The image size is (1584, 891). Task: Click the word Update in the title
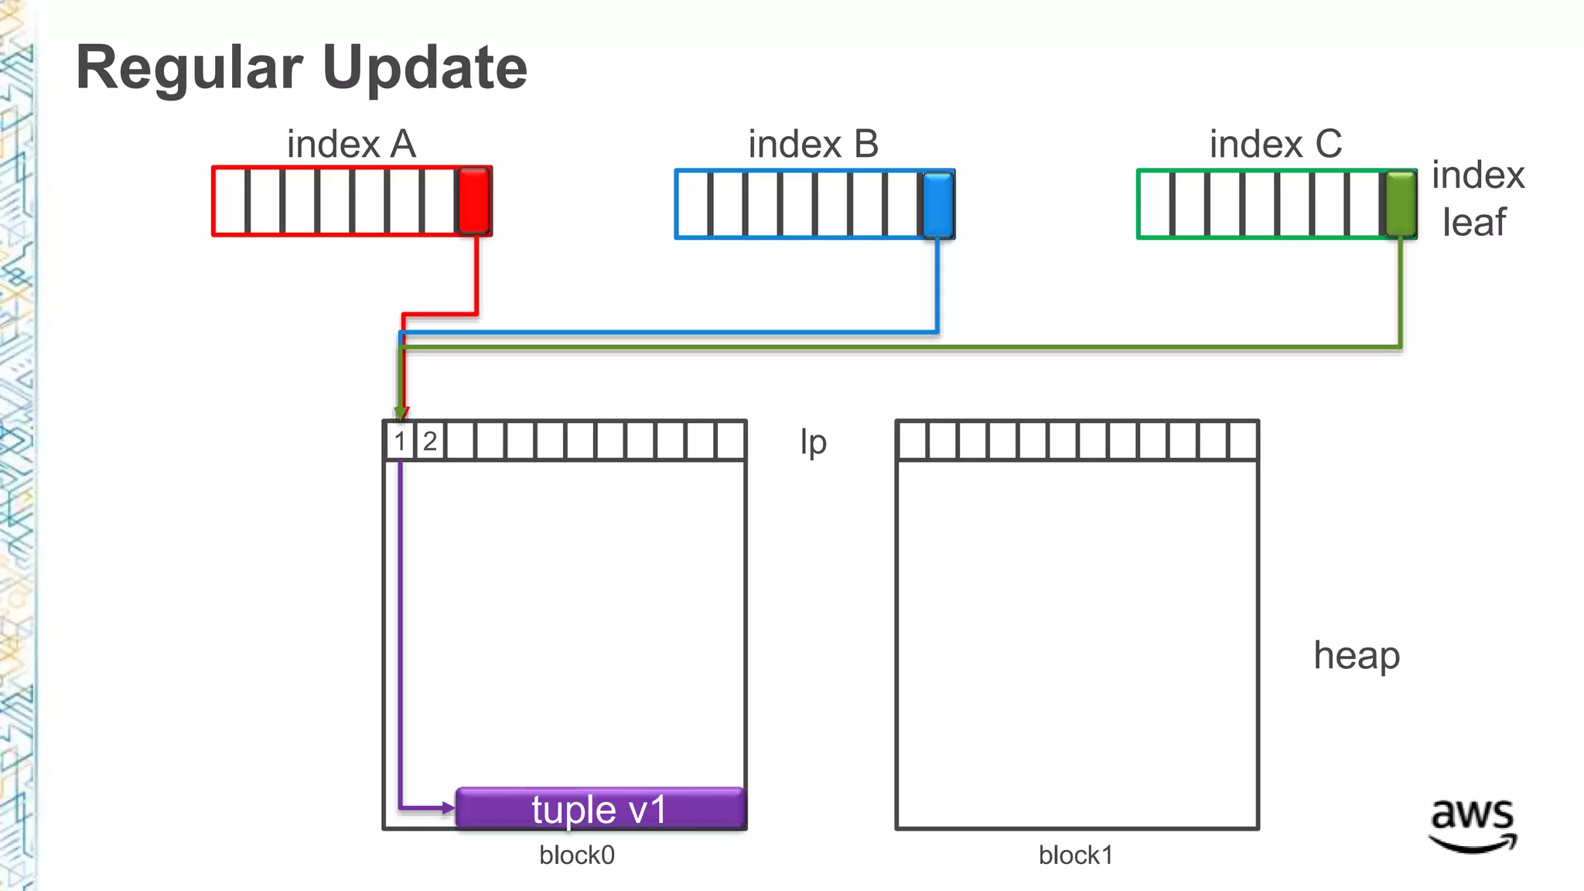click(425, 68)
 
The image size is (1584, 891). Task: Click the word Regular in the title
click(189, 68)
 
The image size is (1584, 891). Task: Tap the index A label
click(351, 144)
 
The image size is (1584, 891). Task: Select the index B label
click(813, 144)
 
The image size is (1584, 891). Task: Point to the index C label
click(1275, 144)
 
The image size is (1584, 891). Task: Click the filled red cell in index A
click(473, 201)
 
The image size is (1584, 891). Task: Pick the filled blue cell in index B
click(937, 204)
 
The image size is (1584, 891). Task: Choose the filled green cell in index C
click(1400, 204)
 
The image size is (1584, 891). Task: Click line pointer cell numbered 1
click(400, 442)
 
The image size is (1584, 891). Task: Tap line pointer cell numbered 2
click(430, 442)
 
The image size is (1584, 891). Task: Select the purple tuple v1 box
click(600, 809)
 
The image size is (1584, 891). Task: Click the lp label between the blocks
click(813, 442)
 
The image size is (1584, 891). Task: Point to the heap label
click(1357, 655)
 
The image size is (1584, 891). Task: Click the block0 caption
click(577, 855)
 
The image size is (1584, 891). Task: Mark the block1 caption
click(1076, 855)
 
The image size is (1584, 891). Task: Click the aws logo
click(1472, 824)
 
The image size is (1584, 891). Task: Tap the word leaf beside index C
click(1473, 222)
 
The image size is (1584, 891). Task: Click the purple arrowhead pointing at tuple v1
click(449, 808)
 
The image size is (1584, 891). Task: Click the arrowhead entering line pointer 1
click(401, 413)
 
